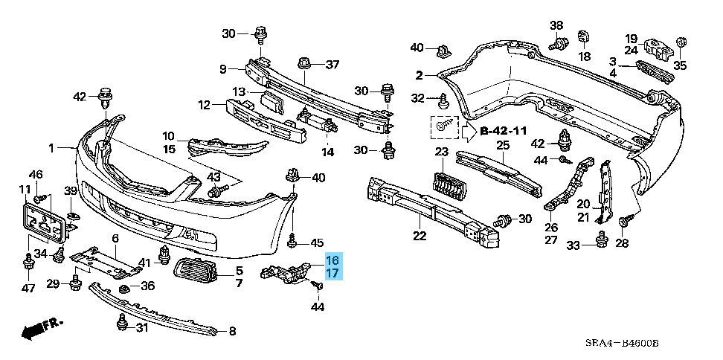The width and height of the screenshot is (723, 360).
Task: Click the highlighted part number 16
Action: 332,260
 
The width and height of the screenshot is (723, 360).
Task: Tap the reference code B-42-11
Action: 503,131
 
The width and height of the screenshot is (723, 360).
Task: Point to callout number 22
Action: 420,236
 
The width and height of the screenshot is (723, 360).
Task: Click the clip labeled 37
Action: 303,63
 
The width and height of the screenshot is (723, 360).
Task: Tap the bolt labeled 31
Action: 121,323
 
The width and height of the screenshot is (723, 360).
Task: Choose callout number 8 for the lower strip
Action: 232,331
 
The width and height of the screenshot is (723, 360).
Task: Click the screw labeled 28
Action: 625,219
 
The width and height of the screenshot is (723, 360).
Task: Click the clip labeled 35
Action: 679,43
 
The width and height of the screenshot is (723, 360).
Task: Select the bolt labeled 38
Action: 555,45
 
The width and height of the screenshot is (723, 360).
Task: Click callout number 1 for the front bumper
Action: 52,148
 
